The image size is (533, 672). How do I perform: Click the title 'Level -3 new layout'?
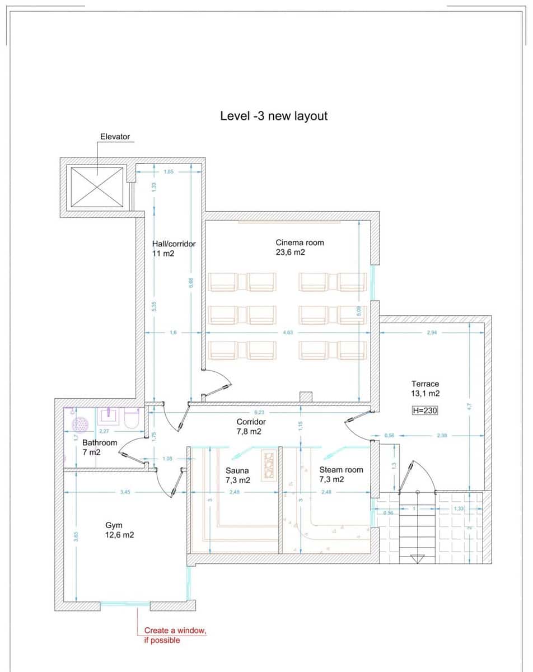click(274, 116)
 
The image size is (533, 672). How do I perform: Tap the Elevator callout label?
click(115, 136)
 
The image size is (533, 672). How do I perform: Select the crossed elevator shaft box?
click(95, 186)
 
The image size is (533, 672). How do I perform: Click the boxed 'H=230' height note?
click(424, 410)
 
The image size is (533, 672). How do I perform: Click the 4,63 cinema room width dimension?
click(288, 333)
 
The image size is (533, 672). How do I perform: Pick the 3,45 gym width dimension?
click(125, 492)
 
